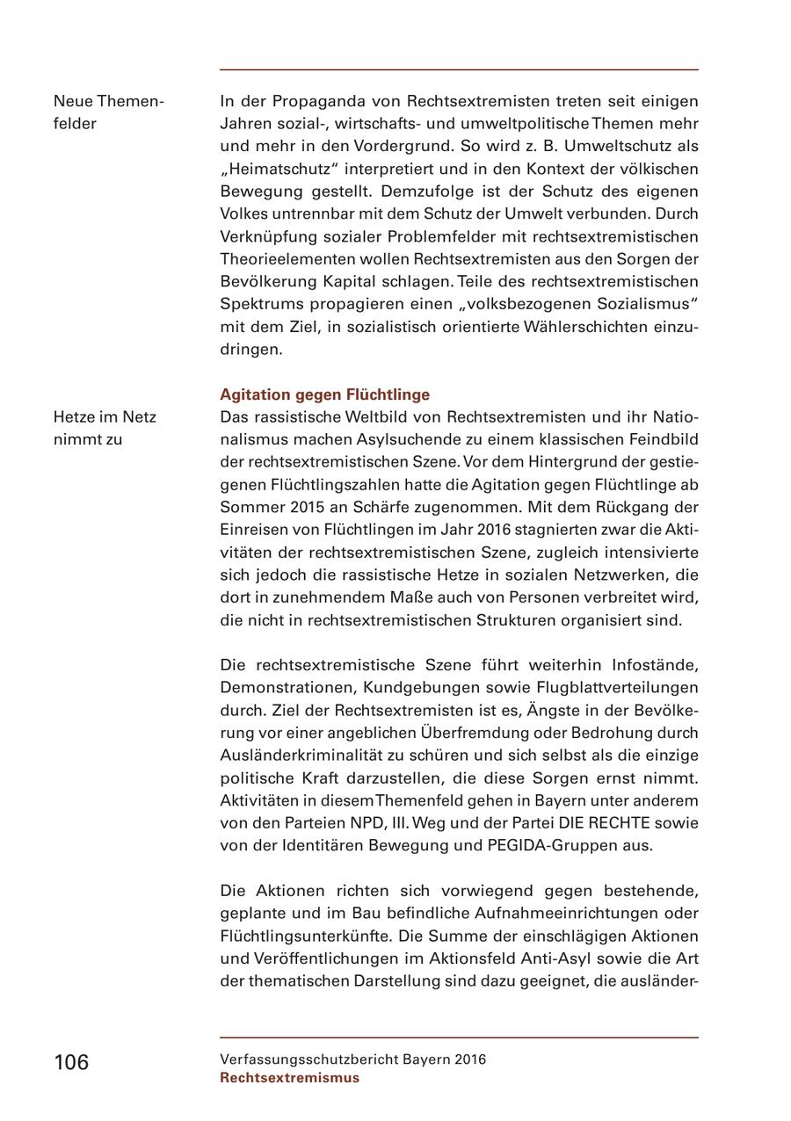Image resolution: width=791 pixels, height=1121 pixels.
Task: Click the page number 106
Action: point(71,1062)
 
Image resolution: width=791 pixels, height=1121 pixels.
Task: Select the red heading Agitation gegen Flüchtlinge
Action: point(324,394)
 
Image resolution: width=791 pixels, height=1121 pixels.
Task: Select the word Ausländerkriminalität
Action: point(319,756)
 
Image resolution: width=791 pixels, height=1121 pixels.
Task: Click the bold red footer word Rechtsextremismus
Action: point(289,1078)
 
